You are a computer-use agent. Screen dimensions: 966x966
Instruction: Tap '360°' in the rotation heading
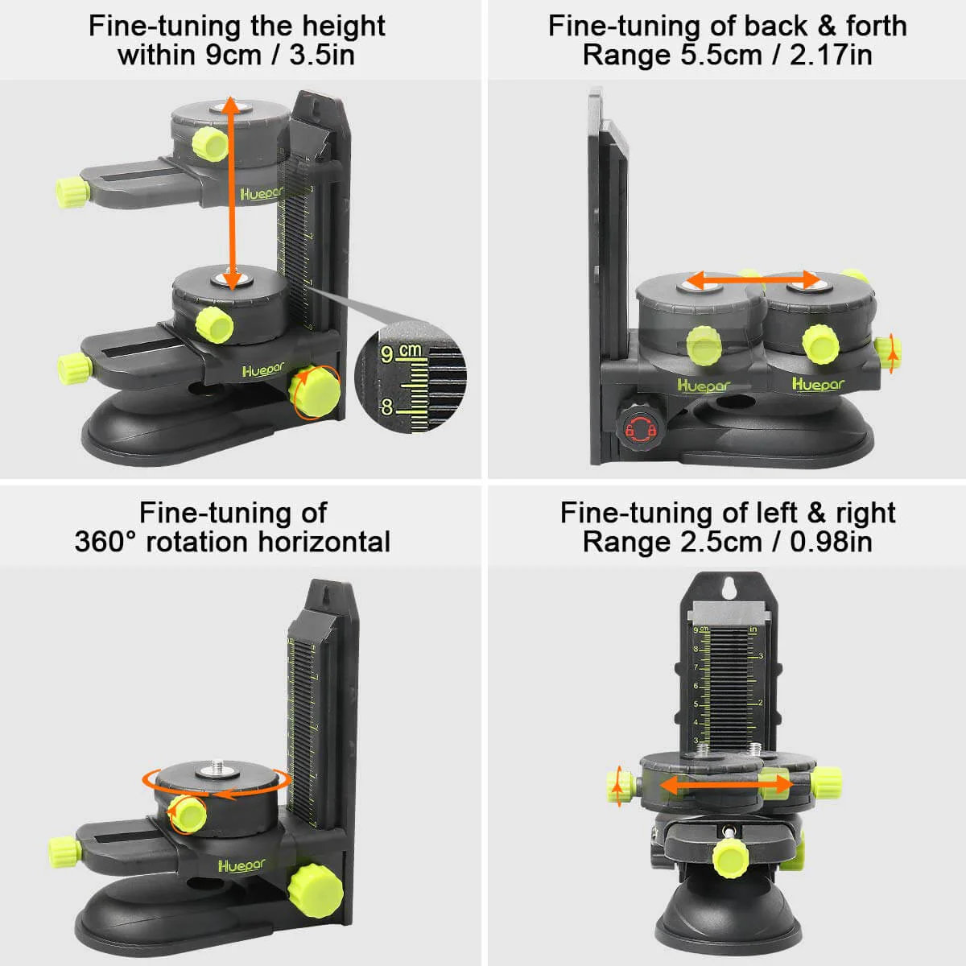106,542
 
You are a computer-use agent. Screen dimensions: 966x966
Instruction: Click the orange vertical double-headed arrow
232,193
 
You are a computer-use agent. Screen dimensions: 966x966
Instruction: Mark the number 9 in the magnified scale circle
387,354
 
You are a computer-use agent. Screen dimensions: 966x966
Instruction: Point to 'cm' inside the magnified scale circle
410,350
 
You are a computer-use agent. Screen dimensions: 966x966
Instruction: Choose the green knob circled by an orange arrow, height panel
316,392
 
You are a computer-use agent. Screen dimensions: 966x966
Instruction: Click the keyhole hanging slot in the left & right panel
729,587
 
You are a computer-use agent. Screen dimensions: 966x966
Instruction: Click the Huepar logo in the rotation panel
241,865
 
